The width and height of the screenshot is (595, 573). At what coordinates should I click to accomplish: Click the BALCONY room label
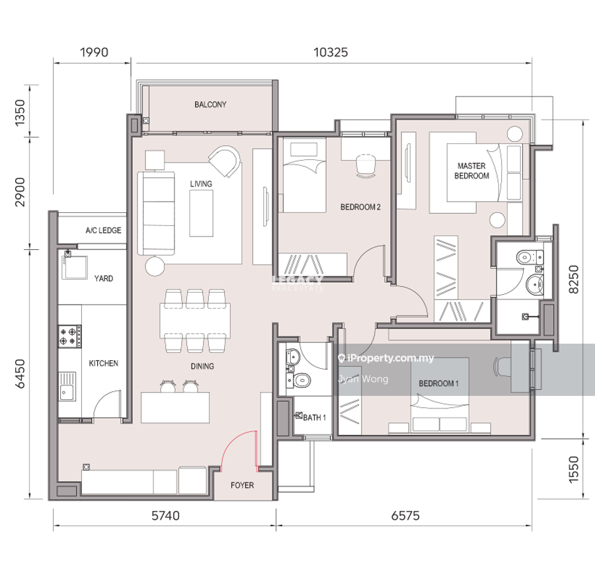point(210,104)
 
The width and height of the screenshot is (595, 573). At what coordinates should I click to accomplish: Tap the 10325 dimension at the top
point(331,52)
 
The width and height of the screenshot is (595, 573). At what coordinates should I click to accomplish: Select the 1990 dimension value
point(94,52)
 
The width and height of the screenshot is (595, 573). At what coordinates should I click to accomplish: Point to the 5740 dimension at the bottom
point(165,516)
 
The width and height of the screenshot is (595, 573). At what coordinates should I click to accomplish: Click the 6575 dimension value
point(405,516)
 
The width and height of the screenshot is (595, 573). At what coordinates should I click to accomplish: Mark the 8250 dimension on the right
point(574,279)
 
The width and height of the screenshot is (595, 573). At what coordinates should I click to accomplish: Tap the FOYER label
point(242,485)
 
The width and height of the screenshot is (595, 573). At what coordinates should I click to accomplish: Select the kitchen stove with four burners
point(69,336)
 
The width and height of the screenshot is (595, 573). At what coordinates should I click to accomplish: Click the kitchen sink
point(67,387)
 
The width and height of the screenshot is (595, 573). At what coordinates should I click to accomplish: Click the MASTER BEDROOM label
point(471,171)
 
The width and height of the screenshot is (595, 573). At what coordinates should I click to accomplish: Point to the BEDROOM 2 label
point(360,207)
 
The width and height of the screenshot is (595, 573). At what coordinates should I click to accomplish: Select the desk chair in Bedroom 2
point(366,166)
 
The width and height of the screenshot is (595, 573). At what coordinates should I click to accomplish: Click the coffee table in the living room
point(201,213)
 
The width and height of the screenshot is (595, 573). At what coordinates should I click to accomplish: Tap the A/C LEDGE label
point(103,230)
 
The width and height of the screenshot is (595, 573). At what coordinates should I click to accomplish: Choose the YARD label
point(104,278)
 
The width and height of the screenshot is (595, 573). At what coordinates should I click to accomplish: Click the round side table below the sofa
point(155,266)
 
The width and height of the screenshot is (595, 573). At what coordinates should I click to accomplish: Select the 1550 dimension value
point(574,469)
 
